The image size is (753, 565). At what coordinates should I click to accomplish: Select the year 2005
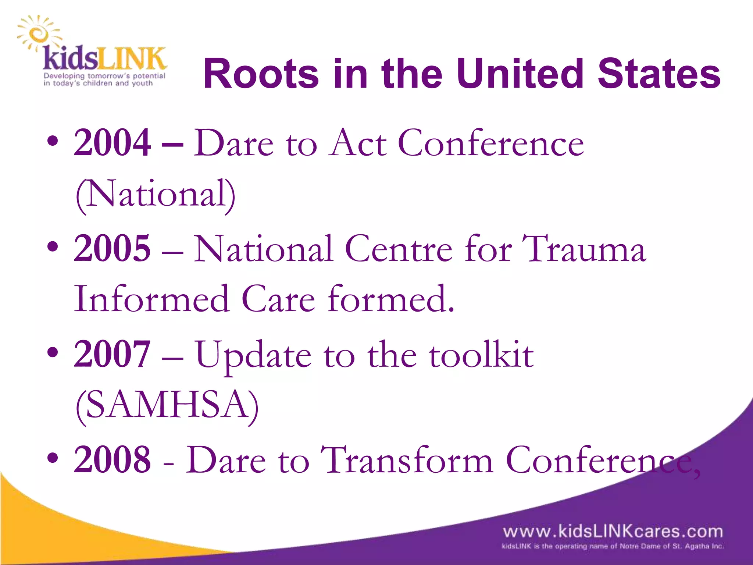(112, 249)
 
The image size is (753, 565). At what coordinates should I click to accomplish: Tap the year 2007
(112, 354)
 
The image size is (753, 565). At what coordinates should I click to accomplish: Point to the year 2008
(112, 460)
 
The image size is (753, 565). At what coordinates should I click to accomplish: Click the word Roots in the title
(261, 74)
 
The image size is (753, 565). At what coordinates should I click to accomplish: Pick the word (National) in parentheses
(155, 194)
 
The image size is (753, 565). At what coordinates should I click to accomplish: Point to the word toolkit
(481, 355)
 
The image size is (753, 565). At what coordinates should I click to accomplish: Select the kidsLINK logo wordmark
(104, 59)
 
